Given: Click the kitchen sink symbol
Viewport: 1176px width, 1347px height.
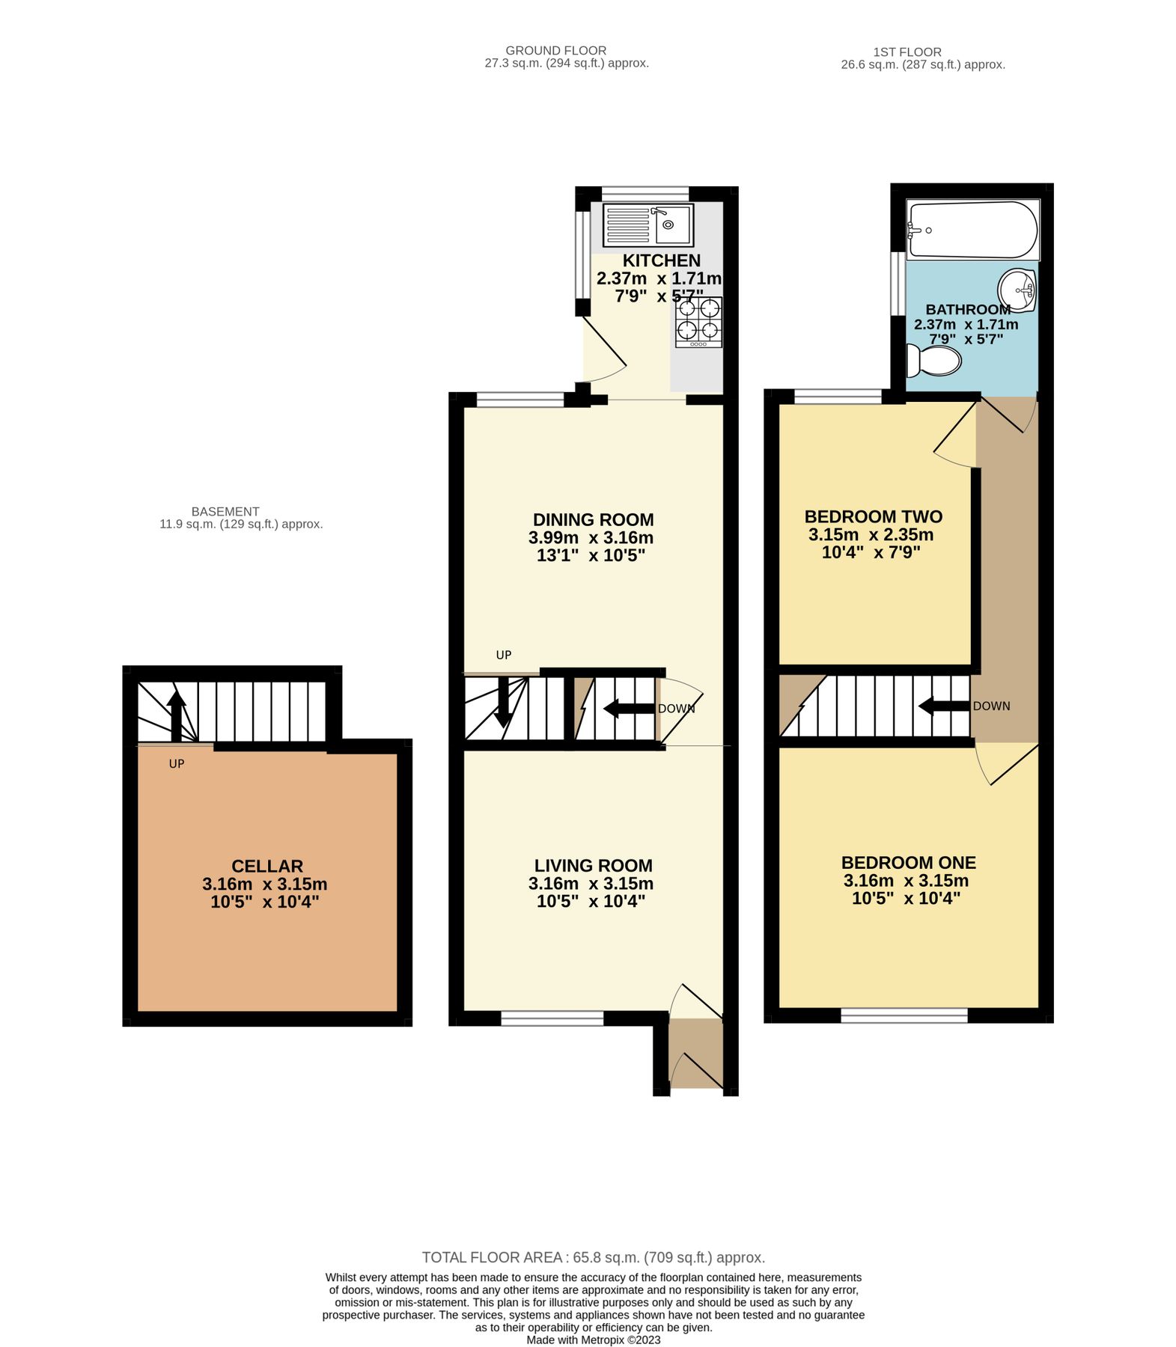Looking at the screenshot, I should pyautogui.click(x=648, y=224).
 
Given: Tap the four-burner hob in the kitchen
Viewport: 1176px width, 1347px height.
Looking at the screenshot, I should pyautogui.click(x=698, y=322).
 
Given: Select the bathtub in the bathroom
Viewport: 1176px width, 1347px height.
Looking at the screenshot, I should pyautogui.click(x=972, y=229).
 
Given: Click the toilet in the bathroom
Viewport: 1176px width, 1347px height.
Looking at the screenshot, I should pyautogui.click(x=932, y=361).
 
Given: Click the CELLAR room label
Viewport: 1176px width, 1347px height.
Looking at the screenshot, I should pyautogui.click(x=266, y=866).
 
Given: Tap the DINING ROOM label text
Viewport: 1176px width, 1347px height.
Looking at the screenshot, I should pyautogui.click(x=593, y=519).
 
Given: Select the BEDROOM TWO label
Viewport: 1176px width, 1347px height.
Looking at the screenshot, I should pyautogui.click(x=873, y=516).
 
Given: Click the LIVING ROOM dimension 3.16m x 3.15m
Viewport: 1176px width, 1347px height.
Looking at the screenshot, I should pyautogui.click(x=591, y=883).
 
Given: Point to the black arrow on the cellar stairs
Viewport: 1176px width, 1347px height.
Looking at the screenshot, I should pyautogui.click(x=176, y=714).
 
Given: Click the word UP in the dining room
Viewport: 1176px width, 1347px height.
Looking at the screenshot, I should pyautogui.click(x=504, y=655).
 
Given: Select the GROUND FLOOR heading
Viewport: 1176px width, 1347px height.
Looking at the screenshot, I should pyautogui.click(x=555, y=51).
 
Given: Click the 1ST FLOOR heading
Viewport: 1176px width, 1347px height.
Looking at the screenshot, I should pyautogui.click(x=907, y=52).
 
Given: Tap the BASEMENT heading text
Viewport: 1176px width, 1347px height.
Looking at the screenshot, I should pyautogui.click(x=225, y=512).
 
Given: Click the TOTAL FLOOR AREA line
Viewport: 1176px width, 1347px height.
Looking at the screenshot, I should pyautogui.click(x=593, y=1257).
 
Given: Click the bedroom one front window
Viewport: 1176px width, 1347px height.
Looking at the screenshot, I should pyautogui.click(x=904, y=1015).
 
